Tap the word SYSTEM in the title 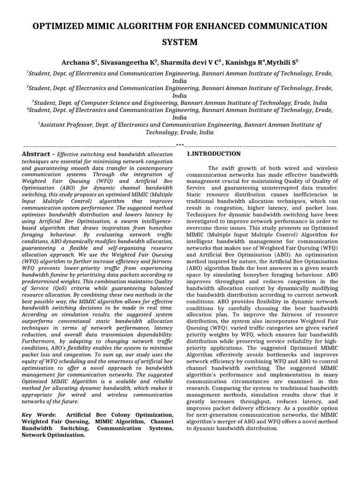(180, 43)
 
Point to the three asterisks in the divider (180, 146)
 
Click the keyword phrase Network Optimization (53, 435)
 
